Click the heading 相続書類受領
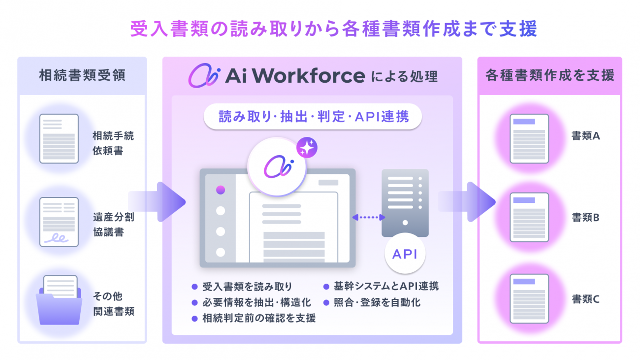pos(82,76)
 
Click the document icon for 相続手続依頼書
pos(59,138)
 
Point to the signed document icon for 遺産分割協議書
pos(59,222)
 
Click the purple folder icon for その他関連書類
pos(59,300)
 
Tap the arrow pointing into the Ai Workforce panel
pos(157,202)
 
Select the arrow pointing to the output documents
pos(467,202)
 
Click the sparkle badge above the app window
pos(307,148)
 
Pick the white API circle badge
pos(405,254)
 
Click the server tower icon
pos(405,203)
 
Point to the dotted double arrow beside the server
pos(369,218)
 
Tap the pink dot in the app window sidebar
pos(221,190)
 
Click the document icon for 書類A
pos(529,138)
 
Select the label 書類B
pos(586,218)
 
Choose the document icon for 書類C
pos(529,299)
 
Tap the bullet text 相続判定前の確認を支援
pos(259,318)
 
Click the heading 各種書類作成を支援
pos(550,75)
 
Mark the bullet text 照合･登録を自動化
pos(377,302)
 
